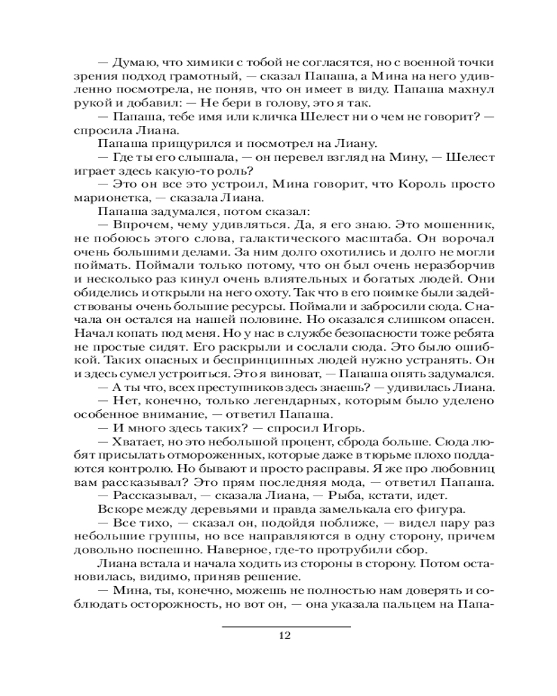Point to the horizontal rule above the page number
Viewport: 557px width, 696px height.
(x=286, y=626)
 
